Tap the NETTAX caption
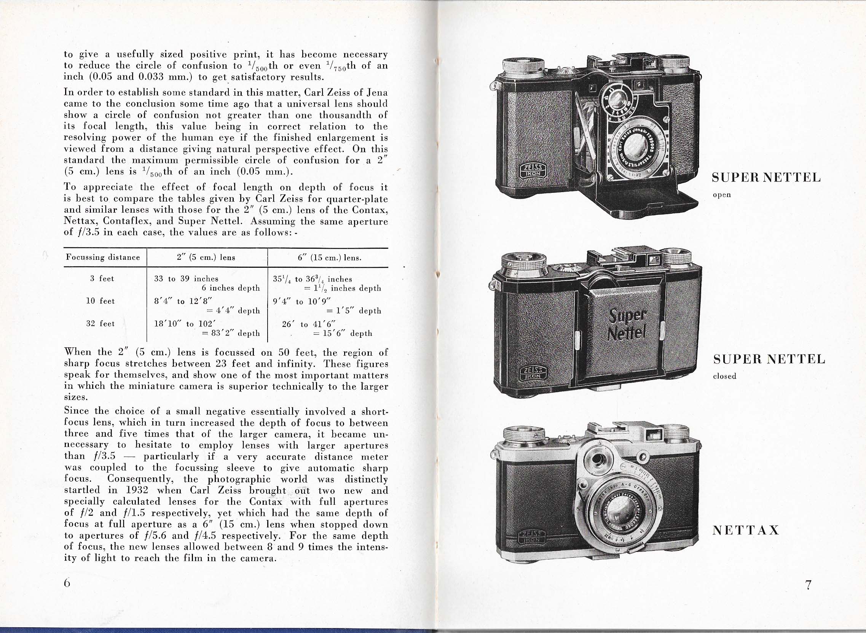[x=746, y=530]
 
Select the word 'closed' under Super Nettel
[x=724, y=376]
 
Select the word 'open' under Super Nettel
[x=722, y=195]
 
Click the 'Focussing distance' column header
[x=103, y=257]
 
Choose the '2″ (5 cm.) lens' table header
[x=206, y=258]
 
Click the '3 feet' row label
[x=102, y=278]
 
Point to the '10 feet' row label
[x=100, y=301]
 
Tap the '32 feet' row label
[x=100, y=323]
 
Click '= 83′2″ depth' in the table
[x=231, y=333]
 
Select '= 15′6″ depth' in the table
[x=342, y=333]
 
